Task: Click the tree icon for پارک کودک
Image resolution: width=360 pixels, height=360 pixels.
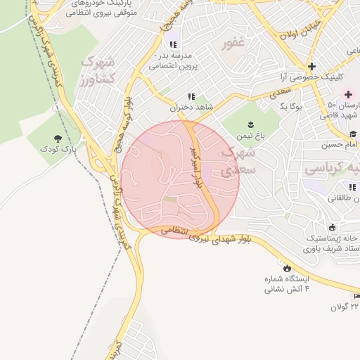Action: tap(58, 139)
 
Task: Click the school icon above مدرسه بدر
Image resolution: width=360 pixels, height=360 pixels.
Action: tap(173, 44)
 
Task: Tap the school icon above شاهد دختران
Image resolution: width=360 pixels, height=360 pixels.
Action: tap(191, 97)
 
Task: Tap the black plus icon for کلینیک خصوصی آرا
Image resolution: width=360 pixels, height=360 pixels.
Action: tap(312, 66)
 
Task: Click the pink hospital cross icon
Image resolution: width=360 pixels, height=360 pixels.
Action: tap(348, 94)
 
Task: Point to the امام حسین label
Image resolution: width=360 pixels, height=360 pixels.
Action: tap(340, 145)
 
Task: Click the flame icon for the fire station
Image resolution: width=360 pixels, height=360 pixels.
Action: tap(287, 268)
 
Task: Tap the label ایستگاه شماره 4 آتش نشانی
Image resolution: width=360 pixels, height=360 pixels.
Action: tap(287, 284)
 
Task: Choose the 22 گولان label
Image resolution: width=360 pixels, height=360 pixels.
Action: tap(345, 307)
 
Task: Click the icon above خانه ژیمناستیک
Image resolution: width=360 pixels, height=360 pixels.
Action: tap(330, 228)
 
